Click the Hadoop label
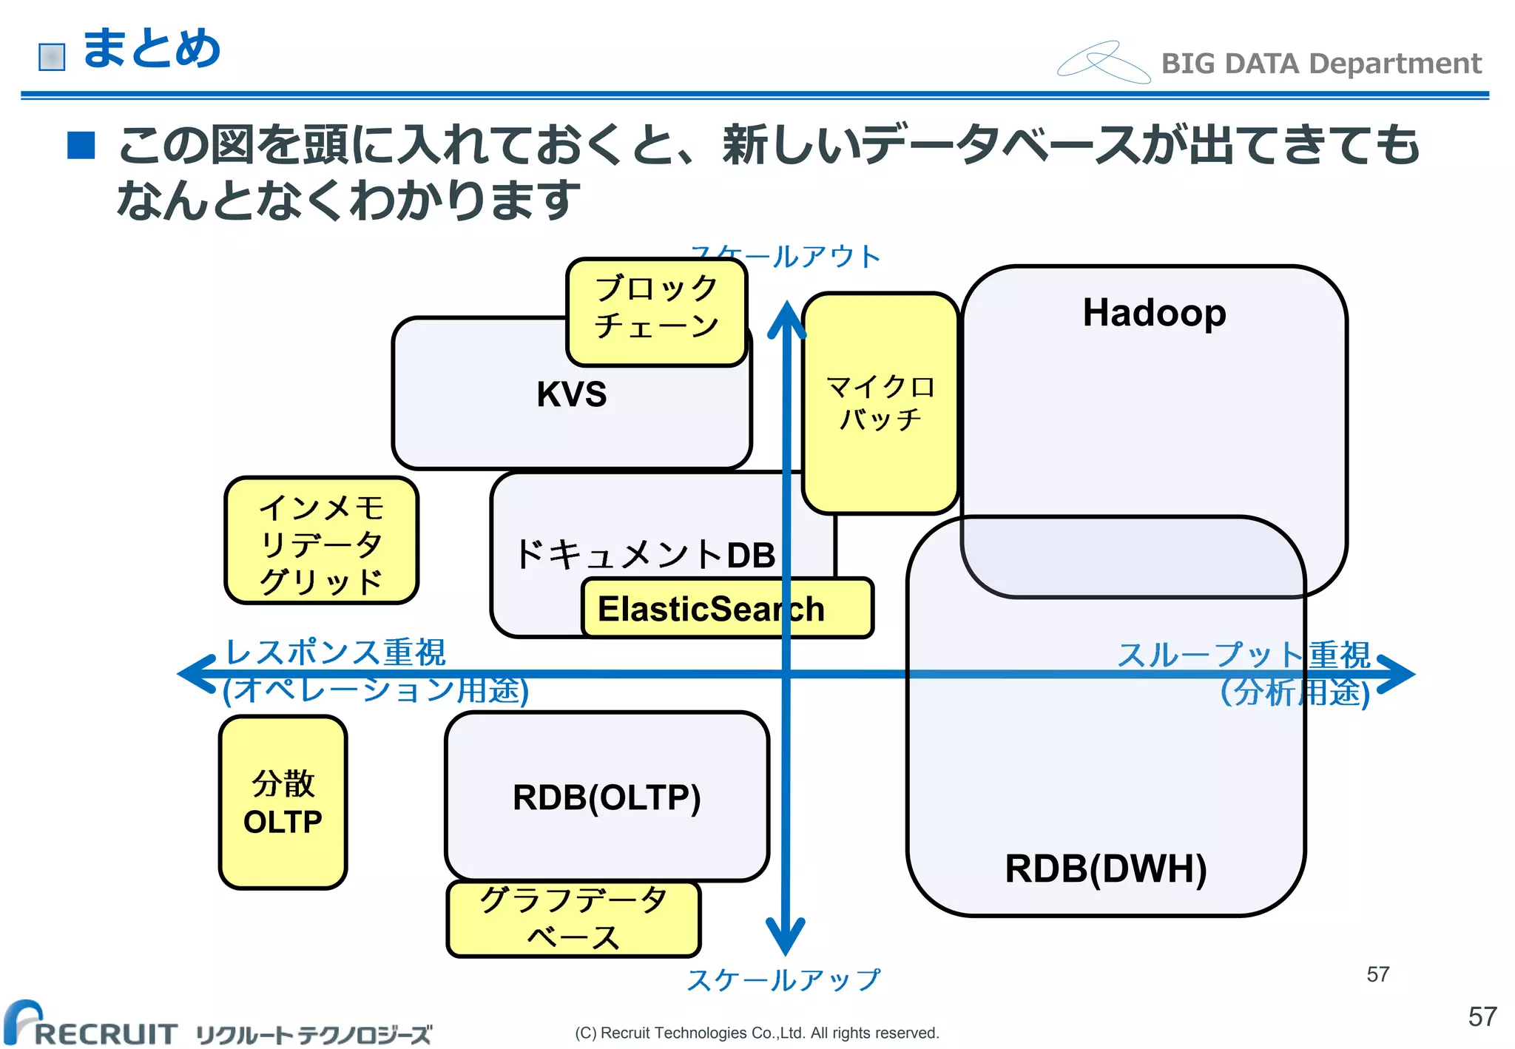pyautogui.click(x=1154, y=312)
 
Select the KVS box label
pyautogui.click(x=571, y=394)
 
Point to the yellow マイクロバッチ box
pyautogui.click(x=880, y=403)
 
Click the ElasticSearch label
pyautogui.click(x=710, y=610)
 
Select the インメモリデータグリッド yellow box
pyautogui.click(x=321, y=542)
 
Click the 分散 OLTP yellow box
pyautogui.click(x=283, y=802)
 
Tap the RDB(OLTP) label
pyautogui.click(x=607, y=797)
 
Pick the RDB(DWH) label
pyautogui.click(x=1105, y=868)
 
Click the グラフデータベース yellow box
pyautogui.click(x=573, y=919)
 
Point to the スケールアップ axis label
pyautogui.click(x=784, y=979)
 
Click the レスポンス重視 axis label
pyautogui.click(x=335, y=652)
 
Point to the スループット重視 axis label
pyautogui.click(x=1243, y=654)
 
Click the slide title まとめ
pyautogui.click(x=151, y=49)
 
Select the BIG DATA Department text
pyautogui.click(x=1321, y=64)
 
